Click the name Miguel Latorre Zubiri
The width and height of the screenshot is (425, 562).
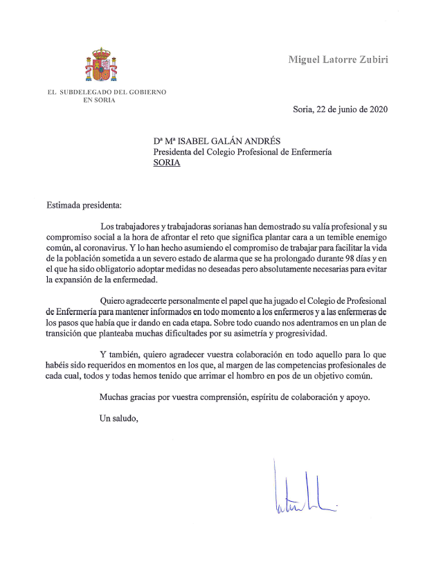click(x=338, y=59)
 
